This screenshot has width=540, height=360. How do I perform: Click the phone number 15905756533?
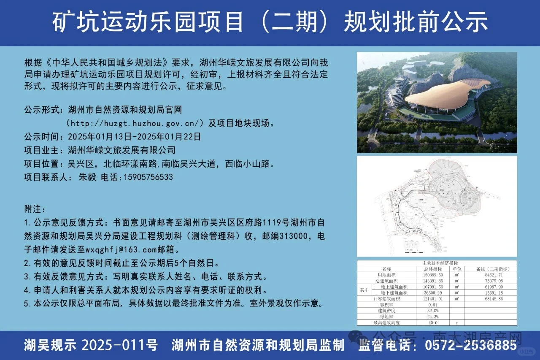[148, 177]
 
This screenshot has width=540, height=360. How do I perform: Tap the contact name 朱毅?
[88, 177]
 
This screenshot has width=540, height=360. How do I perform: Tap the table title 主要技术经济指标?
[437, 263]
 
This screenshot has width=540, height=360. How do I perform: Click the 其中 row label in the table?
[364, 290]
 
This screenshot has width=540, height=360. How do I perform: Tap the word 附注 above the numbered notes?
[35, 209]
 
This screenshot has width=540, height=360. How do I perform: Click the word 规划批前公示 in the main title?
[416, 22]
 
